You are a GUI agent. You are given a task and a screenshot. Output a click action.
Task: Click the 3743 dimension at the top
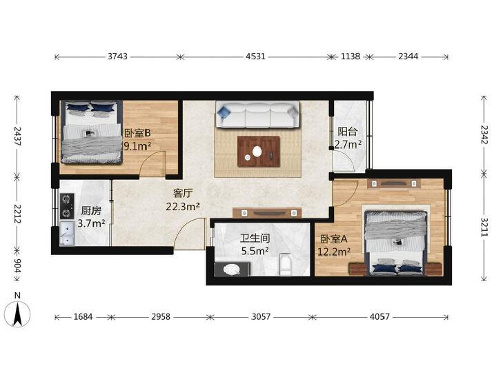click(117, 57)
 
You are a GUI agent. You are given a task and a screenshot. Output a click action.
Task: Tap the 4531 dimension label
click(255, 57)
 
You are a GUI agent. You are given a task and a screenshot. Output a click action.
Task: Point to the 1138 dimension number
click(351, 57)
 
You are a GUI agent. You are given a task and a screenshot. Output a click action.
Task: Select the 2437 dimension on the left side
click(17, 136)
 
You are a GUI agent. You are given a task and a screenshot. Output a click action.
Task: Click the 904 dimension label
click(17, 265)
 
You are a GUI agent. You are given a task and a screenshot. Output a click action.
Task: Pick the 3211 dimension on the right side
click(484, 227)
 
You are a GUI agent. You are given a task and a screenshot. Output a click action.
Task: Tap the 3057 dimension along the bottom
click(261, 317)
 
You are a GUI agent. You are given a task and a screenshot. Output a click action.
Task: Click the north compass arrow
click(18, 314)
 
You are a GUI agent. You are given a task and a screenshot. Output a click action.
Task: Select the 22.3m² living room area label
click(183, 207)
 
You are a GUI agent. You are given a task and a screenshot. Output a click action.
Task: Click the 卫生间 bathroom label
click(255, 238)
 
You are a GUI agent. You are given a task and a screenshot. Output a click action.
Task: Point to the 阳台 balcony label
click(348, 132)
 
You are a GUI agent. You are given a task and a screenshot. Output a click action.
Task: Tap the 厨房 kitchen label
click(91, 211)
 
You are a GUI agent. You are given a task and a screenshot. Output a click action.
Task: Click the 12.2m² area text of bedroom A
click(334, 252)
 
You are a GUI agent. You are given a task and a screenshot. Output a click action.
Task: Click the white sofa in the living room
click(257, 114)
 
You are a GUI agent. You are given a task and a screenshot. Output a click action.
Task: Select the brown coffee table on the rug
click(259, 152)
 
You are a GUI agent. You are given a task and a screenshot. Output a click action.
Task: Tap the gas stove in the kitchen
click(67, 206)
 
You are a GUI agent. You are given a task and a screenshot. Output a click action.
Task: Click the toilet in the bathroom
click(285, 264)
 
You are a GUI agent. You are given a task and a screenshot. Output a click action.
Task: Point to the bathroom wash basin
click(232, 269)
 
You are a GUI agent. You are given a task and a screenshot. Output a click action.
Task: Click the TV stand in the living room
click(267, 213)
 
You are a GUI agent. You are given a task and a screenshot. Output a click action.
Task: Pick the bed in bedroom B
click(92, 132)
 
